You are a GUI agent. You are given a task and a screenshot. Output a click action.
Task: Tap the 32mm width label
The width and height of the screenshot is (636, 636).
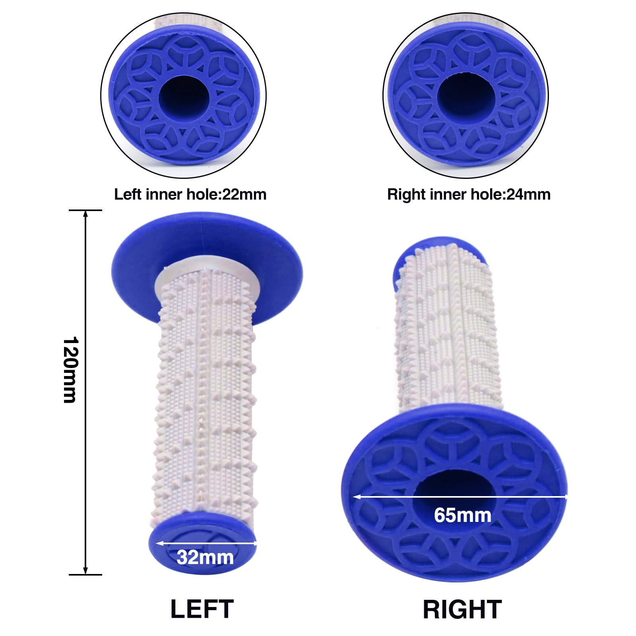point(205,557)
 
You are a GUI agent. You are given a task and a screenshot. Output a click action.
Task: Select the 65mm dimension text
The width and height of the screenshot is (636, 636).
point(463,515)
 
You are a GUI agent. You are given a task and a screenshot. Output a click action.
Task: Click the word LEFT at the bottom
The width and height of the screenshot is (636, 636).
point(202,609)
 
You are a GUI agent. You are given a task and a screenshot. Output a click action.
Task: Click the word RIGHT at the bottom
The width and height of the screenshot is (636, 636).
point(462,609)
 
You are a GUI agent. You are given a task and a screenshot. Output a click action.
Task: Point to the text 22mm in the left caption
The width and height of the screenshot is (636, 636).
point(244,194)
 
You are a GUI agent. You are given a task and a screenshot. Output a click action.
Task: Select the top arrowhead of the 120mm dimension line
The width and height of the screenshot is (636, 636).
point(85,214)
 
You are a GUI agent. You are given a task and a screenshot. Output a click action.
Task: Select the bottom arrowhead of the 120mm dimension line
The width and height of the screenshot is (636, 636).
point(85,570)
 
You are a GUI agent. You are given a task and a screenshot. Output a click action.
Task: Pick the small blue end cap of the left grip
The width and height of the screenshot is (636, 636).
point(203,545)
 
